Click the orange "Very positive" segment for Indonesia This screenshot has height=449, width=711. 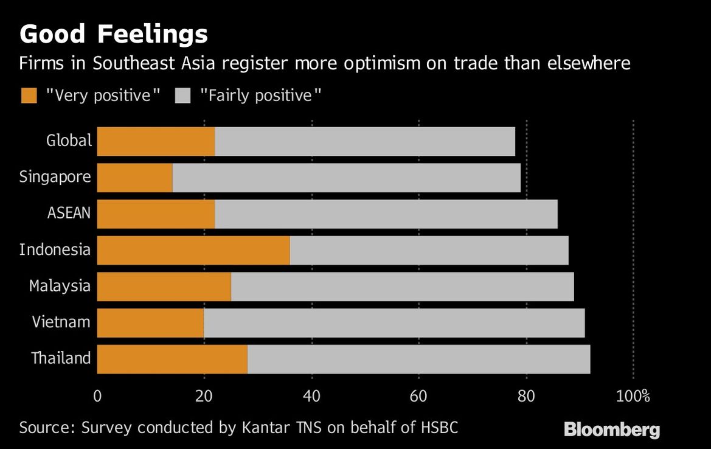tap(193, 250)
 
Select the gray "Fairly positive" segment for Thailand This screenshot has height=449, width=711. tap(419, 359)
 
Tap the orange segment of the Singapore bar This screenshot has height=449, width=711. tap(134, 178)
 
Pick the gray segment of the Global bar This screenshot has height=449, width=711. tap(365, 142)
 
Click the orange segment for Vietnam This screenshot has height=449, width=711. tap(151, 323)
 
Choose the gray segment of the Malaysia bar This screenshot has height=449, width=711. tap(403, 287)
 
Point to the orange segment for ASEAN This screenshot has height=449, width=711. tap(156, 214)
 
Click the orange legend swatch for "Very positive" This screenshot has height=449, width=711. tap(29, 96)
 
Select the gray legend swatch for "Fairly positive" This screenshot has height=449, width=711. tap(182, 96)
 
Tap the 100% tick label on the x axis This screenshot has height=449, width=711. tap(633, 397)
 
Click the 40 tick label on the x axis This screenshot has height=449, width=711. tap(312, 397)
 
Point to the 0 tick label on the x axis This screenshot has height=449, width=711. tap(97, 397)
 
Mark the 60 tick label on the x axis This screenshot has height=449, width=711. tap(418, 397)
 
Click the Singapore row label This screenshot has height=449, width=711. tap(55, 177)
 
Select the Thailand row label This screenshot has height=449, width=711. tap(61, 358)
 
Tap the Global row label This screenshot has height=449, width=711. tap(69, 140)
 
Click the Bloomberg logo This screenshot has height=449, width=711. tap(612, 430)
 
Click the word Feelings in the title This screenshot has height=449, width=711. tap(152, 35)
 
